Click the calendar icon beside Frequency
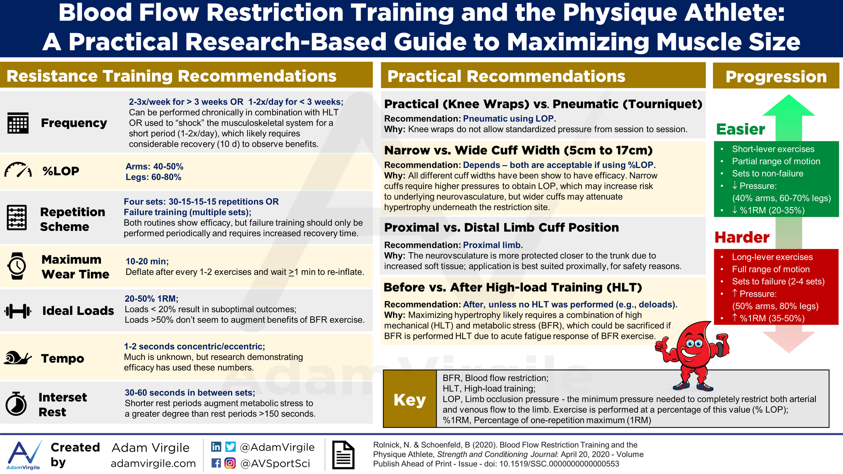[x=18, y=123]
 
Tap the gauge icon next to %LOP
[x=18, y=170]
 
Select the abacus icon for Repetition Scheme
[x=17, y=218]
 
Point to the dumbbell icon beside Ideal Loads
[x=18, y=311]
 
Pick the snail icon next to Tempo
[x=18, y=358]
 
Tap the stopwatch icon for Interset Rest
[x=16, y=404]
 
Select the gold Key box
[x=410, y=399]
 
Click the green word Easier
[x=741, y=129]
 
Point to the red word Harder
[x=742, y=237]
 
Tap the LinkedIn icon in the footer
[x=216, y=447]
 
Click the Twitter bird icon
[x=231, y=447]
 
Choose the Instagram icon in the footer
[x=231, y=463]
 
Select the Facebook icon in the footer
[x=216, y=463]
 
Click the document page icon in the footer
[x=343, y=455]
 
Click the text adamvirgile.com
[x=153, y=464]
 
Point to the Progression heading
[x=776, y=77]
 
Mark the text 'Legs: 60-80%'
[x=154, y=177]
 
